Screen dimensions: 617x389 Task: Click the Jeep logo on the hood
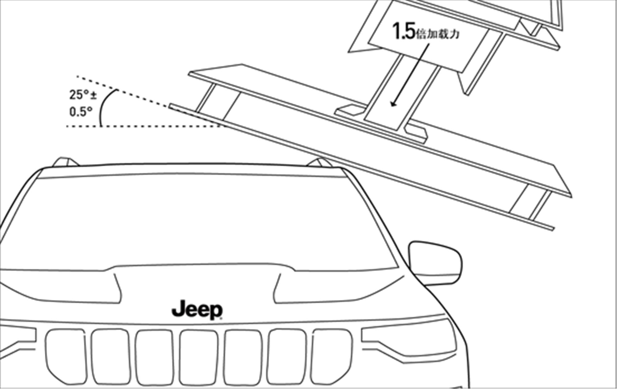click(197, 309)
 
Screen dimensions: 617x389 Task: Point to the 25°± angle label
click(83, 95)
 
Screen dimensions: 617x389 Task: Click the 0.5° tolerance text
click(81, 112)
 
